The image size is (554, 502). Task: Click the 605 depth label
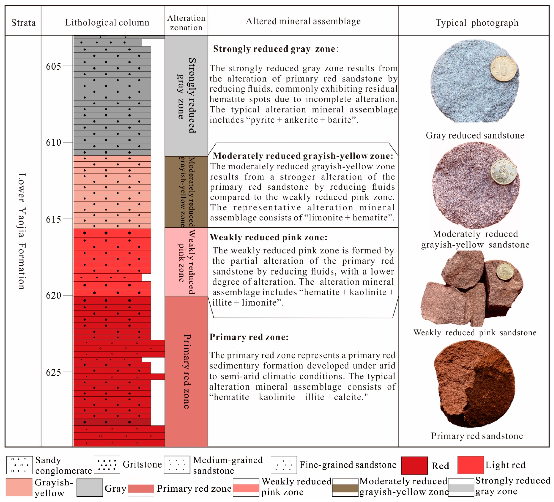53,66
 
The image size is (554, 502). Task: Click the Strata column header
23,22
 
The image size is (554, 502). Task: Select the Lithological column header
107,22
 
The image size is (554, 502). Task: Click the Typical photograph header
477,22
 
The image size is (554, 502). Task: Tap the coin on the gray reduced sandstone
503,69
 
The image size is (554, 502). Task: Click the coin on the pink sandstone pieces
505,271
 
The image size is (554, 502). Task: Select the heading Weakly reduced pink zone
269,237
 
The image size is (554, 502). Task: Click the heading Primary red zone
249,337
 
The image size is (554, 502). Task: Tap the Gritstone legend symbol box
107,465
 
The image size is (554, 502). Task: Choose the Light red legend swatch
470,465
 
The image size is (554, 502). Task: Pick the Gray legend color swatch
90,488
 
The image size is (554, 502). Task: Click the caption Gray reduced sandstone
475,135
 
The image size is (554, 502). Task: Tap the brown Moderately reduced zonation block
186,192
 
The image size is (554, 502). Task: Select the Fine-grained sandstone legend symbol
284,465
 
